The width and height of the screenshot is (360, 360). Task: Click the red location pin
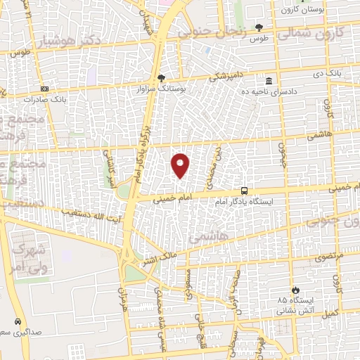click(181, 166)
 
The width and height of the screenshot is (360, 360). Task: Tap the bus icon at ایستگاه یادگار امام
click(244, 190)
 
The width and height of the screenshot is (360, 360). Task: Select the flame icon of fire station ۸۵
click(295, 288)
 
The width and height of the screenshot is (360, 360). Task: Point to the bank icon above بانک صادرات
click(46, 89)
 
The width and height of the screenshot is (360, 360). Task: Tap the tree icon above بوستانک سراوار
click(162, 77)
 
